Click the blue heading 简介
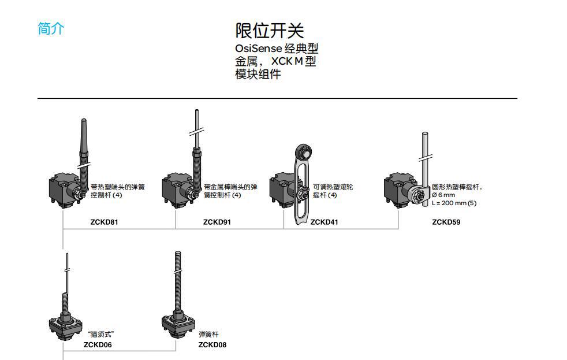pyautogui.click(x=51, y=29)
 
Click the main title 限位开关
pyautogui.click(x=269, y=30)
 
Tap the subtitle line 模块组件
pyautogui.click(x=258, y=74)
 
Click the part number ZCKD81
pyautogui.click(x=105, y=222)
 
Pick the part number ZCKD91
pyautogui.click(x=217, y=222)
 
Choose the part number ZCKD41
pyautogui.click(x=324, y=222)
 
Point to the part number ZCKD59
pyautogui.click(x=446, y=222)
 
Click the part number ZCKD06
pyautogui.click(x=98, y=345)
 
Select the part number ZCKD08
pyautogui.click(x=212, y=345)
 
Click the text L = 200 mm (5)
pyautogui.click(x=454, y=203)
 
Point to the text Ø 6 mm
pyautogui.click(x=443, y=195)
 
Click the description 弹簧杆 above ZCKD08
pyautogui.click(x=208, y=335)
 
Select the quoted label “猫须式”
pyautogui.click(x=100, y=335)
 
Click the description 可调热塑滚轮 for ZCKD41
pyautogui.click(x=333, y=187)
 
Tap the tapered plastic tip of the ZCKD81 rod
pyautogui.click(x=83, y=130)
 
